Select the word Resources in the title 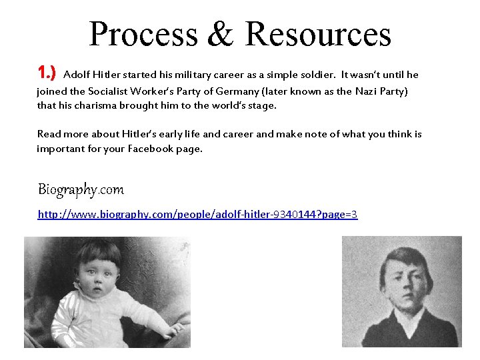click(x=317, y=35)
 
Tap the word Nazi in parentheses click(x=367, y=91)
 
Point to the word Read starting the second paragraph click(x=49, y=134)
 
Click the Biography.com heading click(x=81, y=189)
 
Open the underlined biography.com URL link click(x=197, y=215)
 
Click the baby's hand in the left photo click(x=174, y=329)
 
